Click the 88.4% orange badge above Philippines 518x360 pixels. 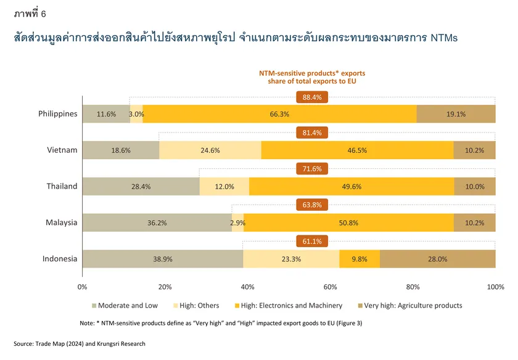[312, 97]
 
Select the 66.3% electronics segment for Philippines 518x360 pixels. [279, 114]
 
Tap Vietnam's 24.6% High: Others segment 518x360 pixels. [210, 150]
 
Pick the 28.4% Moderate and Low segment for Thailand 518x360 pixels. [141, 187]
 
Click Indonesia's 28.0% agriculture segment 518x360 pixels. [438, 259]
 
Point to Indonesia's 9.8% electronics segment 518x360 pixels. [360, 259]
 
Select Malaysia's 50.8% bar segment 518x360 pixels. [348, 223]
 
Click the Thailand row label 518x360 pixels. [62, 186]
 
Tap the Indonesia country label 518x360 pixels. [60, 259]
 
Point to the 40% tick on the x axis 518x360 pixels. [247, 287]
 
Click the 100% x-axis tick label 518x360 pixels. [496, 287]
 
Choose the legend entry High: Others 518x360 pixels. [196, 306]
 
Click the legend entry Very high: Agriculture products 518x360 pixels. [410, 306]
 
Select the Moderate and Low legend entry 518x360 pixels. [125, 306]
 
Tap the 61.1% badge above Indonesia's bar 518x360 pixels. [312, 241]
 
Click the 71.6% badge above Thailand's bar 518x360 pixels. [312, 169]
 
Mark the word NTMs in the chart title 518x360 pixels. [444, 38]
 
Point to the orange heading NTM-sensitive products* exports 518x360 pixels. [312, 73]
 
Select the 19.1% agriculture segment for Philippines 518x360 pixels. [456, 114]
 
